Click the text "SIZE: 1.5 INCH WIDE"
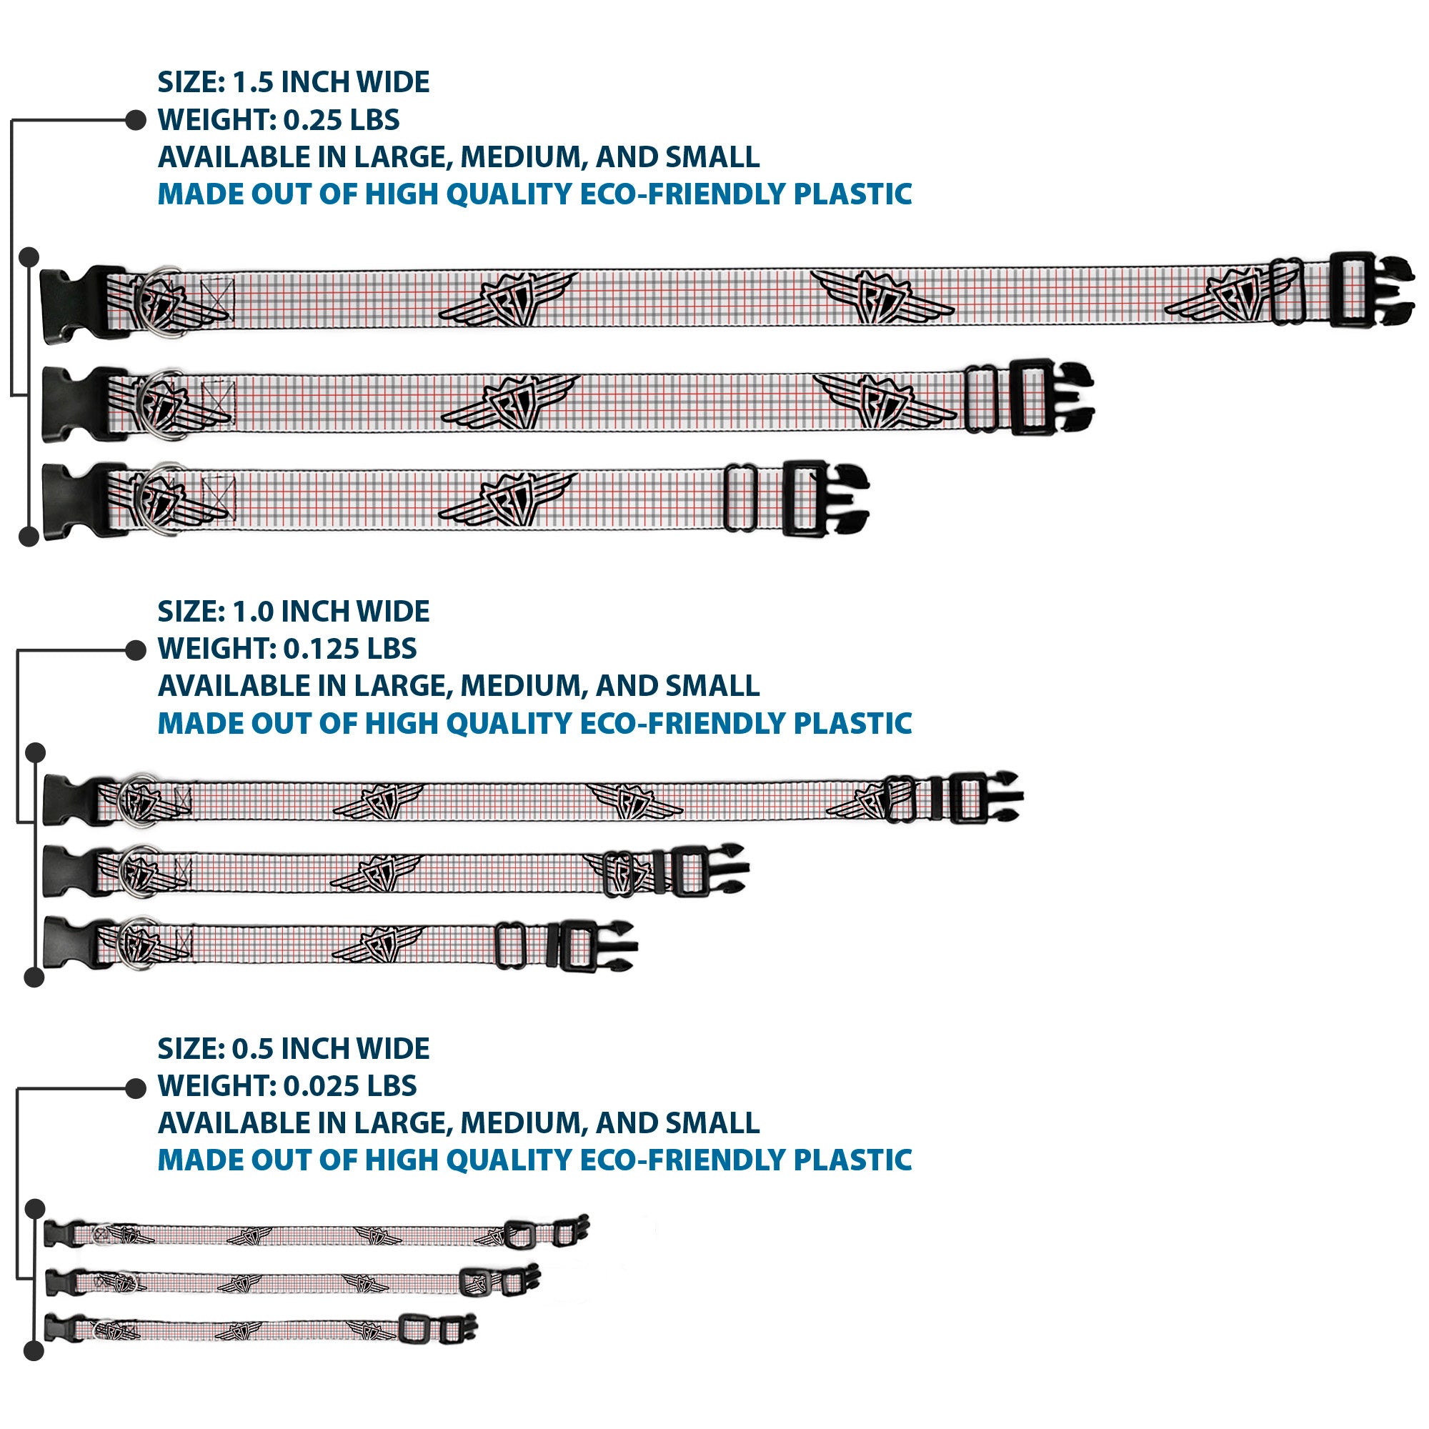[294, 82]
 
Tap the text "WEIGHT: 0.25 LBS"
[279, 120]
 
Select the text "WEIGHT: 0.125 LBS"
[287, 649]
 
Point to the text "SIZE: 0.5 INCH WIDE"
[294, 1049]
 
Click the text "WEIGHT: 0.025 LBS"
[287, 1086]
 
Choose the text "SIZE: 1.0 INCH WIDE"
[294, 612]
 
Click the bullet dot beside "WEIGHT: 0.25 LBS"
[135, 120]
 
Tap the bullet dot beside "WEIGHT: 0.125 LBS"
[135, 650]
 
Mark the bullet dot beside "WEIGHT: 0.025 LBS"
[135, 1088]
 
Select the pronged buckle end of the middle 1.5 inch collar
[1051, 397]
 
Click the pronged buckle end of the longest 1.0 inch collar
[985, 797]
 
